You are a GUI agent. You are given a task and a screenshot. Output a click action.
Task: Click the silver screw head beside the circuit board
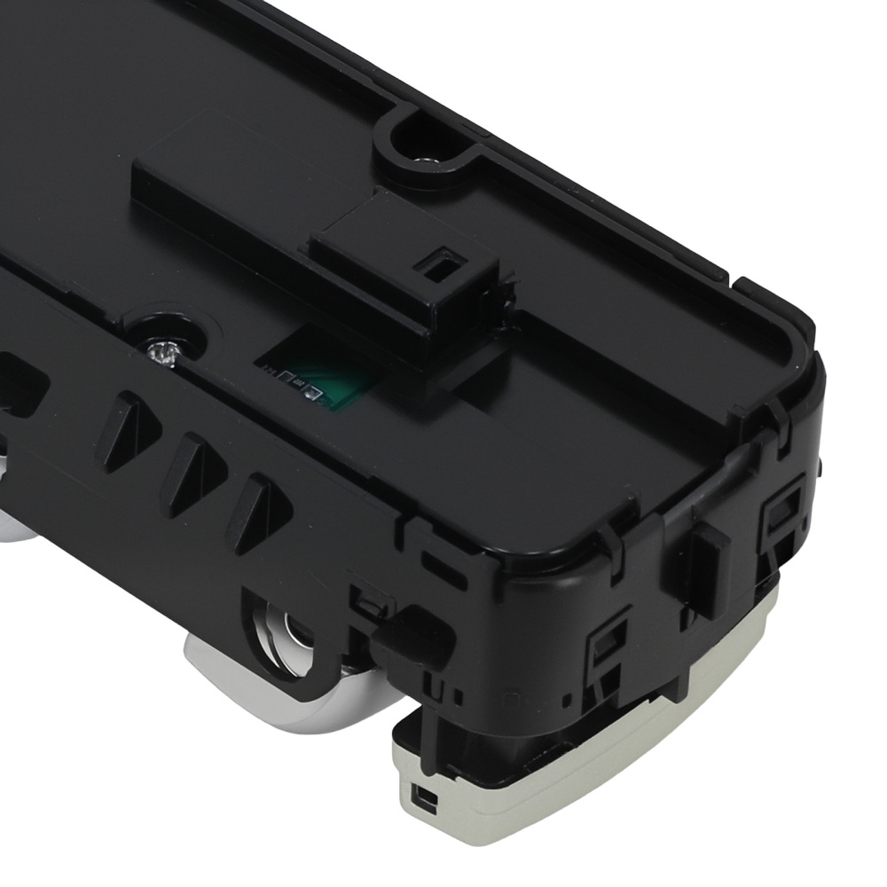tap(161, 353)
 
